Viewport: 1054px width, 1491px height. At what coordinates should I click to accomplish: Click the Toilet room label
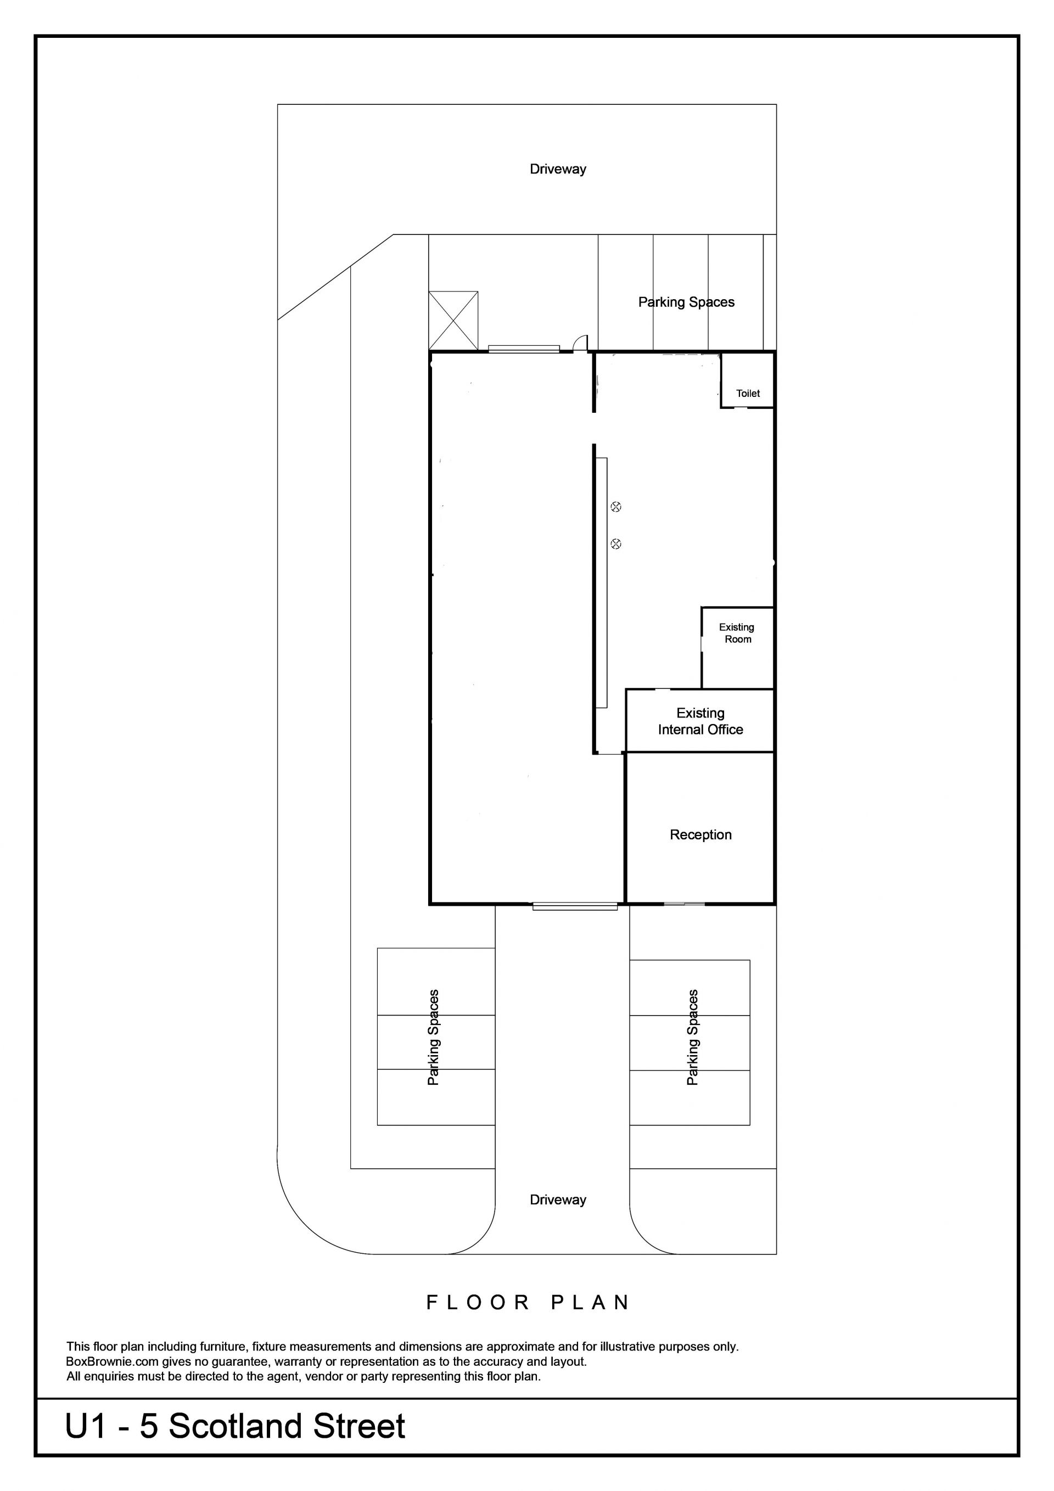(748, 393)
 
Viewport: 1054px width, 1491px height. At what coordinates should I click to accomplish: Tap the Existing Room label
(737, 633)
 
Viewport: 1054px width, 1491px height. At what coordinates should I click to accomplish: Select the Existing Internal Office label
(700, 721)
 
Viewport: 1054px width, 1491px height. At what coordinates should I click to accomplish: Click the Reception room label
(700, 834)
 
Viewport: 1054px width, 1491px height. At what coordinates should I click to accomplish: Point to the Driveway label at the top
(558, 170)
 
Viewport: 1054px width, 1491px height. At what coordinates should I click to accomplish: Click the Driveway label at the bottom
(558, 1200)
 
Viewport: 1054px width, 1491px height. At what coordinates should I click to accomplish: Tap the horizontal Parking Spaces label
(686, 302)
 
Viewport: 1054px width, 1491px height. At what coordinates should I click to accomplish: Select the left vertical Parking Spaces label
(433, 1037)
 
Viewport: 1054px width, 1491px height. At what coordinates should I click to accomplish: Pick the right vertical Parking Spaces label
(692, 1037)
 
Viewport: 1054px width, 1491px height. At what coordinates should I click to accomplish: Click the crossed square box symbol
(453, 321)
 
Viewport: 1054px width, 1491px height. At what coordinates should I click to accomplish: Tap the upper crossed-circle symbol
(616, 507)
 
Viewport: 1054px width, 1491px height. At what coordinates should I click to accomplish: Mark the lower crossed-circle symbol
(616, 543)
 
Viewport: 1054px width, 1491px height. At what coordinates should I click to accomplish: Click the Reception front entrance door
(685, 904)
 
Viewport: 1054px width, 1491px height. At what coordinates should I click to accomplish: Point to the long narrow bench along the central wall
(602, 582)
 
